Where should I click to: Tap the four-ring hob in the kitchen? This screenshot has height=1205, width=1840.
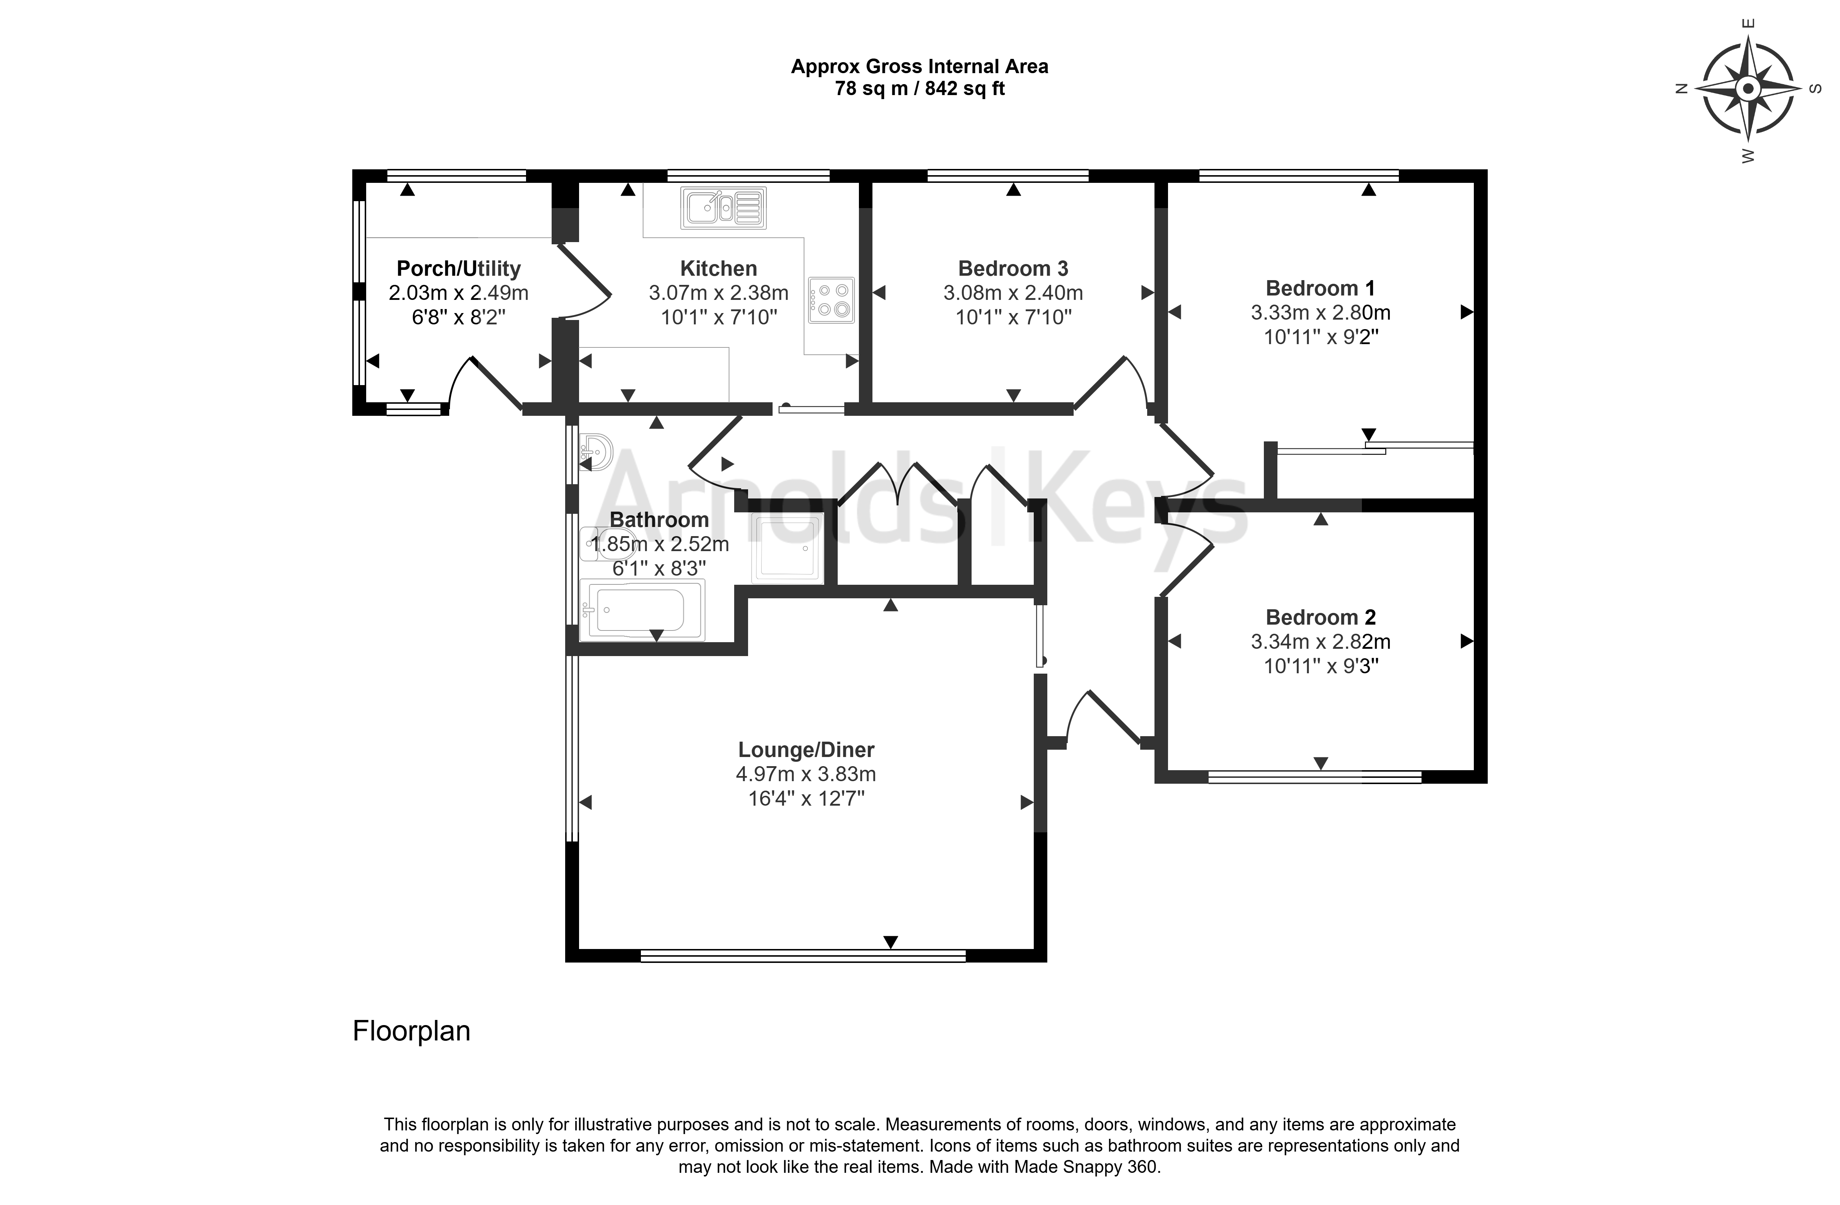[831, 300]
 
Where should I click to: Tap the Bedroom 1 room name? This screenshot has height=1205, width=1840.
[1321, 288]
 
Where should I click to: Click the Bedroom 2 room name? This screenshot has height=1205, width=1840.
[1321, 618]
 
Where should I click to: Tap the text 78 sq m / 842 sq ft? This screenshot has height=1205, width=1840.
[919, 89]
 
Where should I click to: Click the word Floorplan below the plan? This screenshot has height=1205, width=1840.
[411, 1031]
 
